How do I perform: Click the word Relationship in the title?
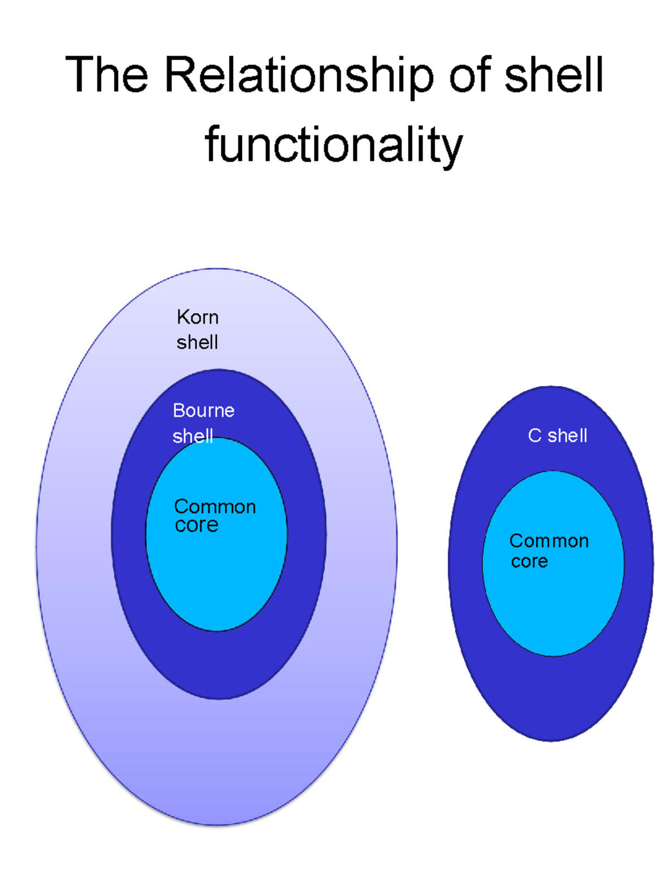click(298, 75)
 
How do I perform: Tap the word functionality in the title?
click(334, 145)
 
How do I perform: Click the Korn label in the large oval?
click(197, 317)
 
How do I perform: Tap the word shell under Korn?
click(197, 342)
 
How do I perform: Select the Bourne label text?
click(203, 411)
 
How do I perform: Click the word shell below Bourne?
click(193, 436)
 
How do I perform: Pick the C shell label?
click(557, 435)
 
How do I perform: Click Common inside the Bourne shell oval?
click(215, 507)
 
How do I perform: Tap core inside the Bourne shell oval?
click(196, 525)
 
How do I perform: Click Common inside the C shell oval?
click(549, 541)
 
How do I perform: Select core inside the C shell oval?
click(529, 561)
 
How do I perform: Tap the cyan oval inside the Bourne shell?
click(216, 580)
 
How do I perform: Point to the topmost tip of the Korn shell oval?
click(217, 269)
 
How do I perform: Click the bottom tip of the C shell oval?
click(551, 740)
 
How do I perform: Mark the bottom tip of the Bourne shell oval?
click(219, 698)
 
